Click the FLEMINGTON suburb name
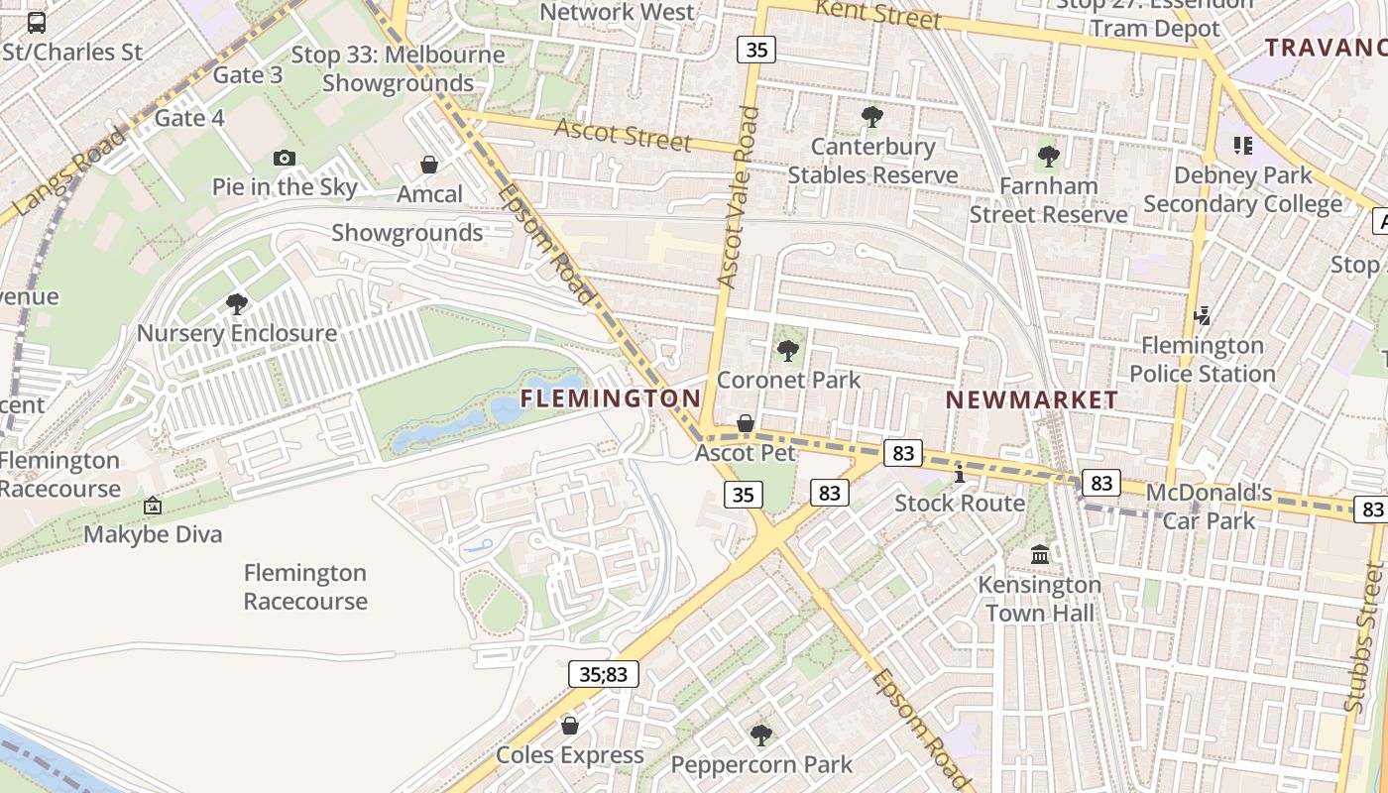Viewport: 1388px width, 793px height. click(611, 398)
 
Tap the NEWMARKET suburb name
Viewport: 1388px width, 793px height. click(1031, 400)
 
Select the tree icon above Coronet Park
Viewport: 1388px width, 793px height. click(788, 350)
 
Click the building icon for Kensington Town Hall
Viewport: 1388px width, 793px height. click(1040, 554)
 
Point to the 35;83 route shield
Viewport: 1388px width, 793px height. click(604, 675)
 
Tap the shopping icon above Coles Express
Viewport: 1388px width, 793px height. click(570, 726)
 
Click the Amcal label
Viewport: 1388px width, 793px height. click(429, 193)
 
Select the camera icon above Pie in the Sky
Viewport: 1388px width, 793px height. click(285, 158)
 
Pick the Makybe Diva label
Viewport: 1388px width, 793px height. click(153, 534)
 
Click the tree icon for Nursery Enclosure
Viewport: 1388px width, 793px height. click(237, 303)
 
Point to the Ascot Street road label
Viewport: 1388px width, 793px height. click(623, 135)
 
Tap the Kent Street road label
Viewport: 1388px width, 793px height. click(877, 15)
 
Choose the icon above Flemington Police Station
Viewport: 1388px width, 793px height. click(1203, 316)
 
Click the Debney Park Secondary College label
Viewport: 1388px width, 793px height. click(1242, 189)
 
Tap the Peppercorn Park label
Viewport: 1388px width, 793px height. click(761, 764)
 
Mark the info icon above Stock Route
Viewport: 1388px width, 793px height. click(960, 473)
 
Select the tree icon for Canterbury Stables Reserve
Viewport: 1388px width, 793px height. click(872, 117)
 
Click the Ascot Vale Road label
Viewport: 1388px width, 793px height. click(739, 197)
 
